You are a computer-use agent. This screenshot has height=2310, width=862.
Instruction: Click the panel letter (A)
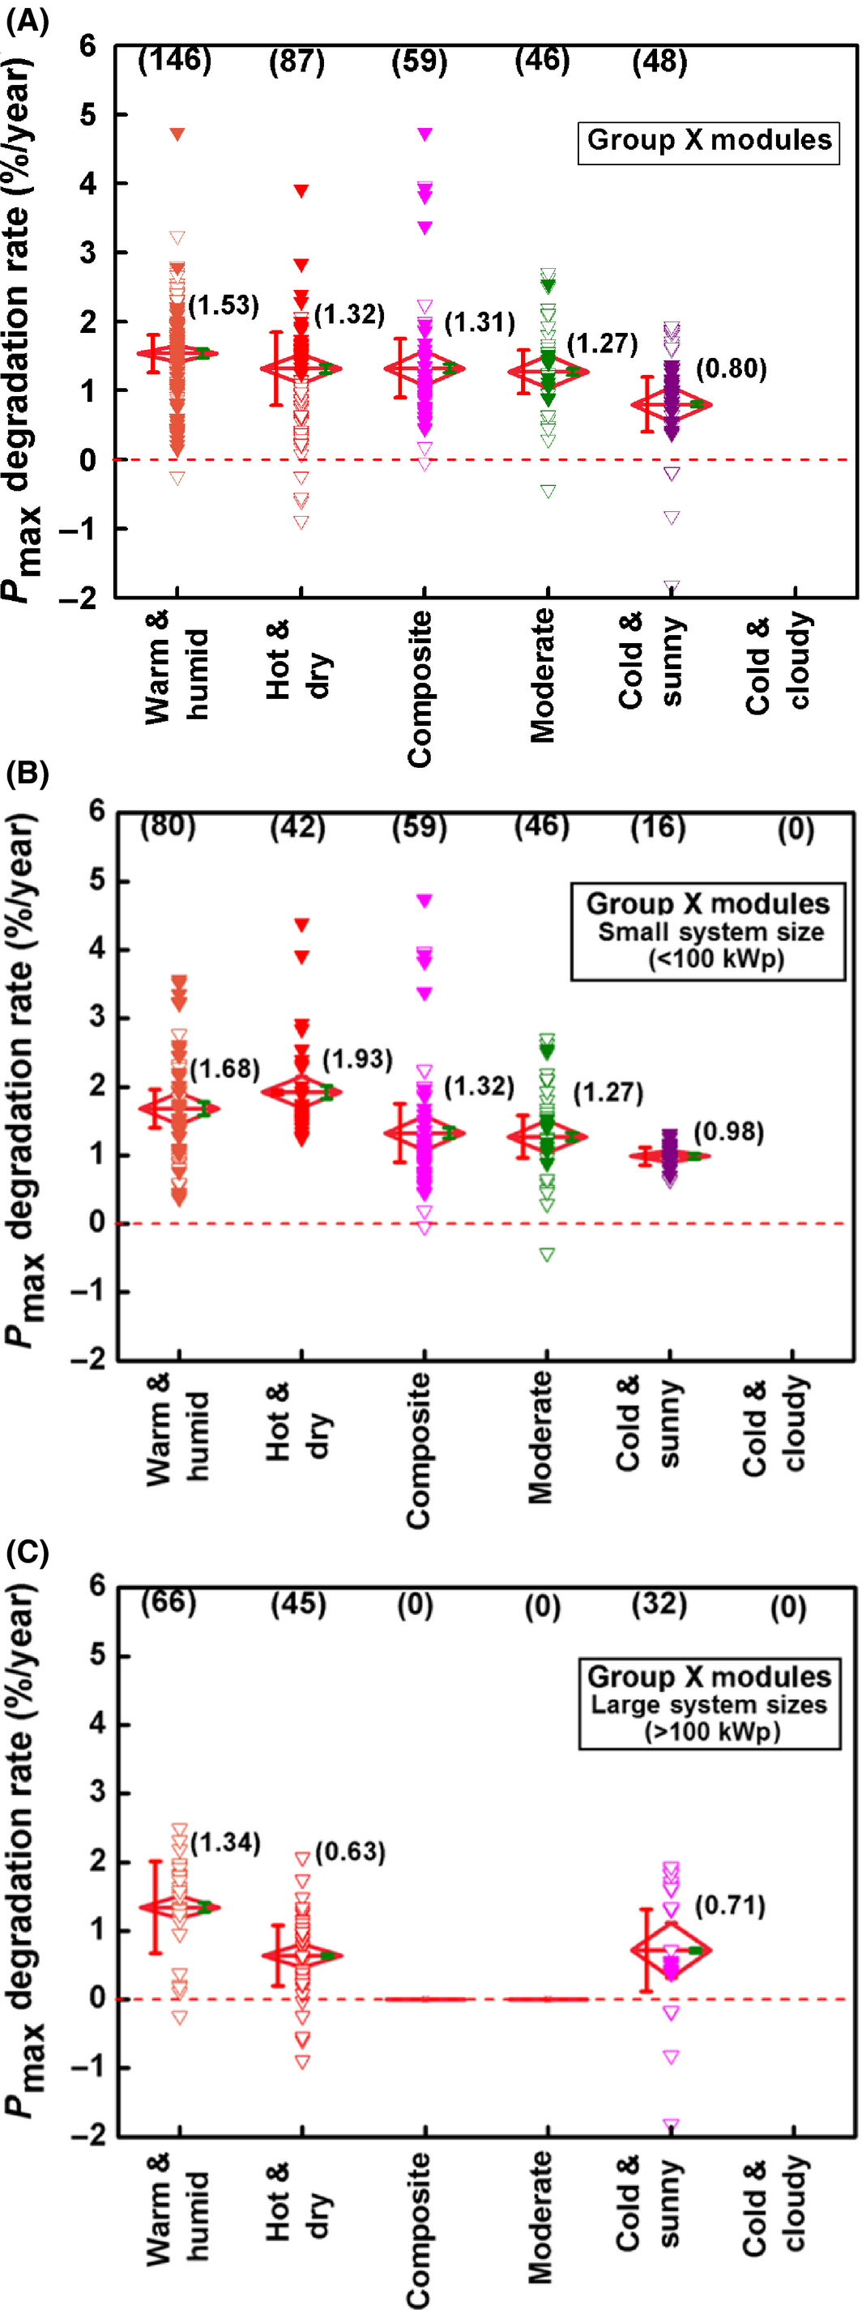tap(27, 19)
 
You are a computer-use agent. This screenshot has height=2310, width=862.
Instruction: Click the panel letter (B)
tap(27, 773)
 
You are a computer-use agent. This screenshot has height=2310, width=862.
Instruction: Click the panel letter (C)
tap(27, 1552)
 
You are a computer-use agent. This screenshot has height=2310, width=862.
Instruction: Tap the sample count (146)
tap(174, 60)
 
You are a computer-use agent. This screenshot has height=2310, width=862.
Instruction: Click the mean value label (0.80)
tap(731, 369)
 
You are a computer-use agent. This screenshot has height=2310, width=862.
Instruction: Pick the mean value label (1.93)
tap(357, 1059)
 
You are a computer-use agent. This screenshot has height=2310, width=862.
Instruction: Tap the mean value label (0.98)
tap(728, 1132)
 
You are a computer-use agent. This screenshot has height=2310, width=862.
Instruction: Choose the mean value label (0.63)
tap(350, 1852)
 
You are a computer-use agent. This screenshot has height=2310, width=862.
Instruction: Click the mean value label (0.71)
tap(730, 1906)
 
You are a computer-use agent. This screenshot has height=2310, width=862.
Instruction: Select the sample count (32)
tap(659, 1604)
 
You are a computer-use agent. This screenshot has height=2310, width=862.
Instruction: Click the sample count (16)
tap(658, 827)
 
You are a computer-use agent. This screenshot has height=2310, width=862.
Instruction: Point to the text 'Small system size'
tap(711, 931)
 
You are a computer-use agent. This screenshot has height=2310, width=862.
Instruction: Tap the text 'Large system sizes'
tap(709, 1705)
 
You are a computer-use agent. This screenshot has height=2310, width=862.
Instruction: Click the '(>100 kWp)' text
tap(711, 1731)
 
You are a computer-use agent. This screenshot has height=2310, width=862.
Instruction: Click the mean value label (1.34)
tap(225, 1843)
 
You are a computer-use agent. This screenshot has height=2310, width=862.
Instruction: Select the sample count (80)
tap(168, 825)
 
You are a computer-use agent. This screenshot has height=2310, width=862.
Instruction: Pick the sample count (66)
tap(169, 1601)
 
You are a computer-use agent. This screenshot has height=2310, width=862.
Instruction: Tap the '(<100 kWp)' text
tap(716, 959)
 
